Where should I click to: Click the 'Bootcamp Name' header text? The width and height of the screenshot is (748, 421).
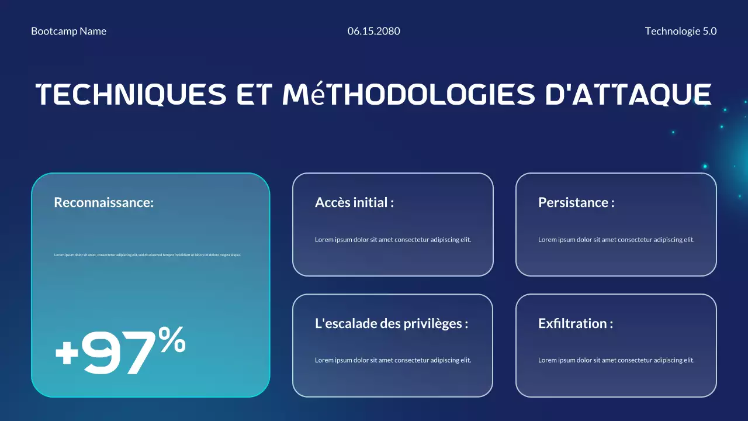[x=69, y=31]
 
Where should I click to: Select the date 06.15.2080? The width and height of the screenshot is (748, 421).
[x=374, y=31]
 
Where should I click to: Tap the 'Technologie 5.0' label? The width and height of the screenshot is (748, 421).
[x=681, y=31]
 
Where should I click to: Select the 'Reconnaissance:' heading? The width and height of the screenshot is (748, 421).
[x=104, y=202]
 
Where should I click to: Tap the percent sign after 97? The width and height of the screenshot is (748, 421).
[x=172, y=340]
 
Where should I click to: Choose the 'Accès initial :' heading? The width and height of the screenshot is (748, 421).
[x=354, y=202]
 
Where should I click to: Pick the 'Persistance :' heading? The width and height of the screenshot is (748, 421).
[x=576, y=202]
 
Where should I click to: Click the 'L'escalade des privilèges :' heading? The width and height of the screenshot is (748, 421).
[x=392, y=323]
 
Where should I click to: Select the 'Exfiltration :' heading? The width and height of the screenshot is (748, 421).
[x=576, y=323]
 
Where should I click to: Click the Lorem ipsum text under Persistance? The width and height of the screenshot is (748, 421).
[x=617, y=240]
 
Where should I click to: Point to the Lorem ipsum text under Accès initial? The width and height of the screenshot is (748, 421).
[x=393, y=240]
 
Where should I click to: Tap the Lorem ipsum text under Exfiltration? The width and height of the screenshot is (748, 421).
[x=617, y=360]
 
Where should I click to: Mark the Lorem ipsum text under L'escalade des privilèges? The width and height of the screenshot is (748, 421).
[x=393, y=360]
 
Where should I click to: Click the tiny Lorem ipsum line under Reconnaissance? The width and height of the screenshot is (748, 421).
[x=147, y=255]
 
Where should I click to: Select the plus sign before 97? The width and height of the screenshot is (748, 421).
[x=67, y=353]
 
